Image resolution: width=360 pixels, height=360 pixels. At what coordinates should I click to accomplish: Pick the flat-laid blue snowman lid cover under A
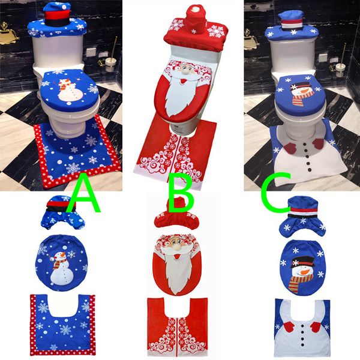tap(59, 263)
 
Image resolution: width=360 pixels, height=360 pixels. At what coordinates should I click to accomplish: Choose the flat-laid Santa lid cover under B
tap(178, 264)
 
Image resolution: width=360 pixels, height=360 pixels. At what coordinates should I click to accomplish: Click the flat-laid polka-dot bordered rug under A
tap(59, 324)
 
